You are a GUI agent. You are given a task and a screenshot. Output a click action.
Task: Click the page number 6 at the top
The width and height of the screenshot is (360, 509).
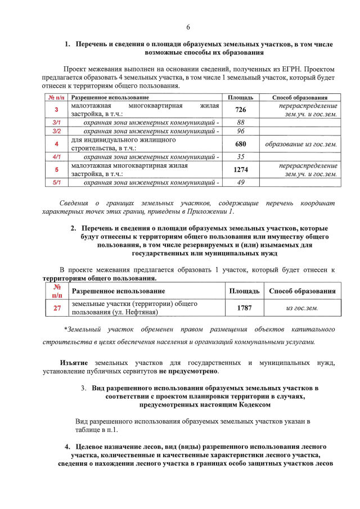(188, 28)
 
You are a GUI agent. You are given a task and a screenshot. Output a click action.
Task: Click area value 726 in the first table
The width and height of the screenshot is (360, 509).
(241, 110)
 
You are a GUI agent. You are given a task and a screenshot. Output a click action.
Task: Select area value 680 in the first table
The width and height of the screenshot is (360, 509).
(241, 144)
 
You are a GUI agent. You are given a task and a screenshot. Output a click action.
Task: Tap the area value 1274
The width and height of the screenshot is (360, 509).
(241, 170)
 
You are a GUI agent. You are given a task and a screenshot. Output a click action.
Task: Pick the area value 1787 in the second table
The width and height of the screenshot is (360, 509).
(244, 308)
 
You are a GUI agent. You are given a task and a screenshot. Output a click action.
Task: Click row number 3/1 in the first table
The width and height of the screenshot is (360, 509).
(56, 122)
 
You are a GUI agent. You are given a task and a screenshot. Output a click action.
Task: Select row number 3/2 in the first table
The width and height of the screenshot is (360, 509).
(56, 131)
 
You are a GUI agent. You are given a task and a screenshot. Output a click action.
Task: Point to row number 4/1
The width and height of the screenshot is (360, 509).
(56, 157)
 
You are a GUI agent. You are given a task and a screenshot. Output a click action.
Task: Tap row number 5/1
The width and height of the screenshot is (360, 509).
(56, 183)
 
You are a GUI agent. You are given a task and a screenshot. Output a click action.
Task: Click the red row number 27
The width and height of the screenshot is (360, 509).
(57, 308)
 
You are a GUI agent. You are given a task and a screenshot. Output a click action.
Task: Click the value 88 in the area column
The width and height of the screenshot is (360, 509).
(241, 122)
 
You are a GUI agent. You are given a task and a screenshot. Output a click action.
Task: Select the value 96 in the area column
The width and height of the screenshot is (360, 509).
(241, 131)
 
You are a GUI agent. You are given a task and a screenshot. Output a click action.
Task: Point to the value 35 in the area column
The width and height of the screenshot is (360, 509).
(241, 157)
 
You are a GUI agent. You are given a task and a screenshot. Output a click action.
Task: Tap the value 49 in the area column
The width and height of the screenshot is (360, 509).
(241, 183)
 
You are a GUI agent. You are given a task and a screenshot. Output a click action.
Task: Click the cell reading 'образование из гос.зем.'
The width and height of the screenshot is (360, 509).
(301, 144)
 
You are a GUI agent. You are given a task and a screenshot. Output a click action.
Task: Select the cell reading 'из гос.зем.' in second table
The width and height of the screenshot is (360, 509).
(302, 308)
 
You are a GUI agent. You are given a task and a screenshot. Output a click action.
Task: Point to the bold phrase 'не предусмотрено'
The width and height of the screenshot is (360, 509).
(188, 371)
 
